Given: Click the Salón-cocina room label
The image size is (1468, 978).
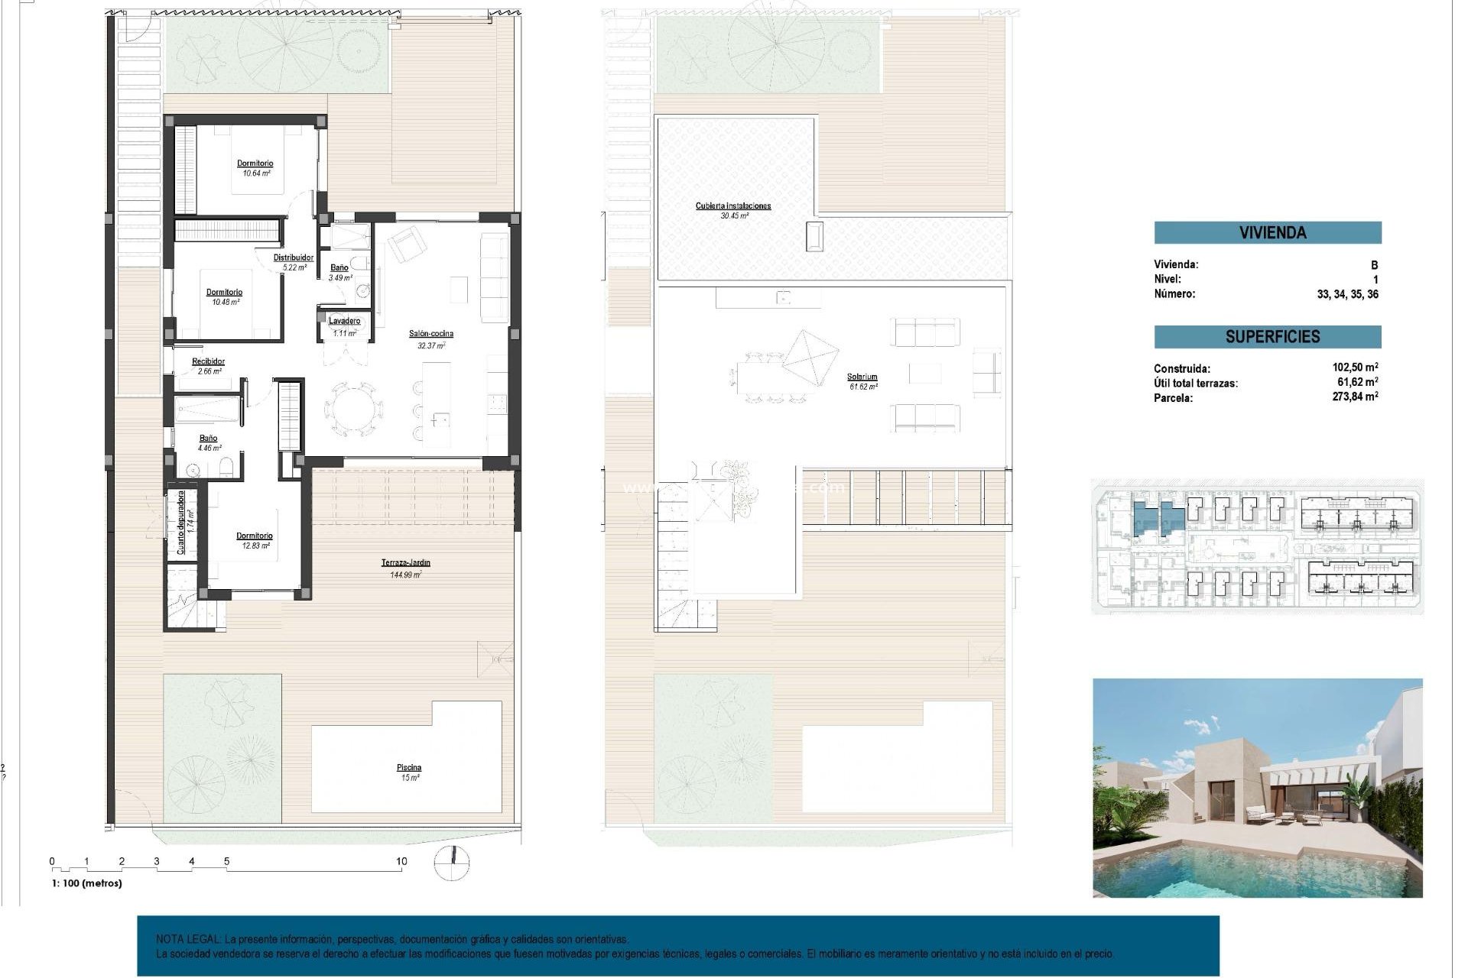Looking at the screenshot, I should coord(430,338).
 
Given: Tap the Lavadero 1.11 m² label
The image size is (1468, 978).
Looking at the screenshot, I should coord(344,326).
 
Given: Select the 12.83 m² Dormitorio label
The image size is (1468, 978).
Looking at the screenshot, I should coord(254,540).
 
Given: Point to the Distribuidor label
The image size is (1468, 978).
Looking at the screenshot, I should coord(294,262).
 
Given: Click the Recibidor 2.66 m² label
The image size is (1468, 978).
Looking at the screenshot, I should coord(208,366).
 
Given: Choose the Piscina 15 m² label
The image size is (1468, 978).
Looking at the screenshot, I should coord(409,772).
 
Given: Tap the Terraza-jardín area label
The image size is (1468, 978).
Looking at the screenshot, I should coord(406,568).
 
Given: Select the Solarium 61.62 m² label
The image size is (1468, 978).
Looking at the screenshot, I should coord(862,381).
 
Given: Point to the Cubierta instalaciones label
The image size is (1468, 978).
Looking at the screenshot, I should coord(733,210).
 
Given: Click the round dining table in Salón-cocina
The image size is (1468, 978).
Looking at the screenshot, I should coord(354,409).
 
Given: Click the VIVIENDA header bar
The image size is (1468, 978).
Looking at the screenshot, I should coord(1267,232).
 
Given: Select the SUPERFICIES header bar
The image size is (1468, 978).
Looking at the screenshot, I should coord(1267,337).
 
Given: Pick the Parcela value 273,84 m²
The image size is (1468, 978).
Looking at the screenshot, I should coord(1354,397).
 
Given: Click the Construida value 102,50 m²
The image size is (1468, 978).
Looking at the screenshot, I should coord(1354,368).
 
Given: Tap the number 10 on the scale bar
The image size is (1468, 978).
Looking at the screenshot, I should coord(401,861).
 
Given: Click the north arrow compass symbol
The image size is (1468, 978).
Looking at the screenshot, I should coord(451,863).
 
